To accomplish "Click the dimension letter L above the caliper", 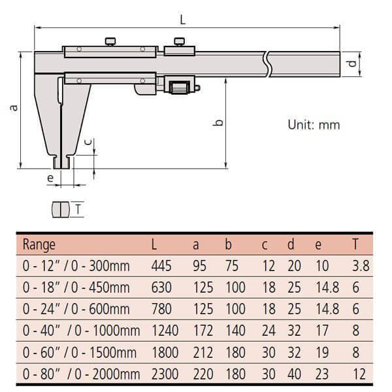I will click(x=183, y=20).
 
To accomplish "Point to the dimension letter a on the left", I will click(x=13, y=108).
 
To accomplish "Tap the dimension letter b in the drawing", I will click(x=218, y=122).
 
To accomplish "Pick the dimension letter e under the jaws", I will click(x=50, y=177).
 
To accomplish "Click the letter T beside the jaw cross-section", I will click(x=78, y=209).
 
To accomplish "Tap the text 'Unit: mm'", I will click(x=314, y=124).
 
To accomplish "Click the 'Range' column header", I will click(x=39, y=245).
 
